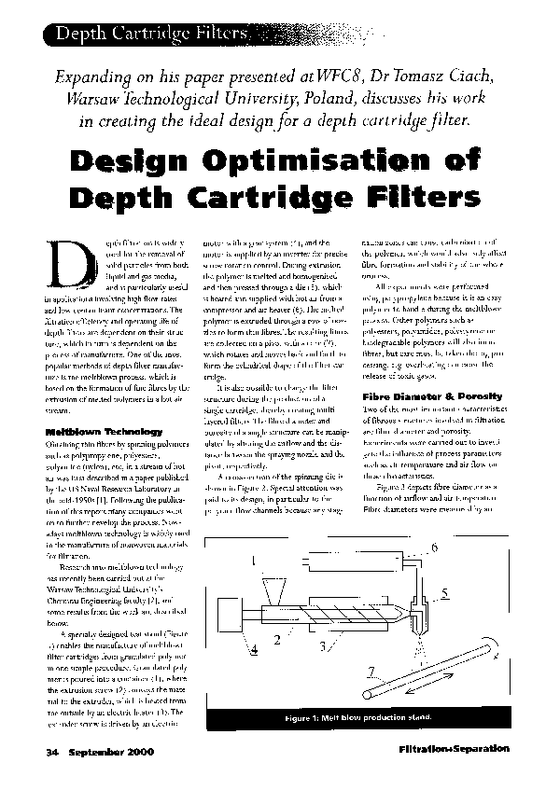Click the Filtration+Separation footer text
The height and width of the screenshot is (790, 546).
pos(453,748)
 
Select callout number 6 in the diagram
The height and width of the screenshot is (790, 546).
pos(432,547)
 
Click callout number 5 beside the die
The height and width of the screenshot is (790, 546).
pos(444,591)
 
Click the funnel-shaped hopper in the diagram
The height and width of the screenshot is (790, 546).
pos(278,591)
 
